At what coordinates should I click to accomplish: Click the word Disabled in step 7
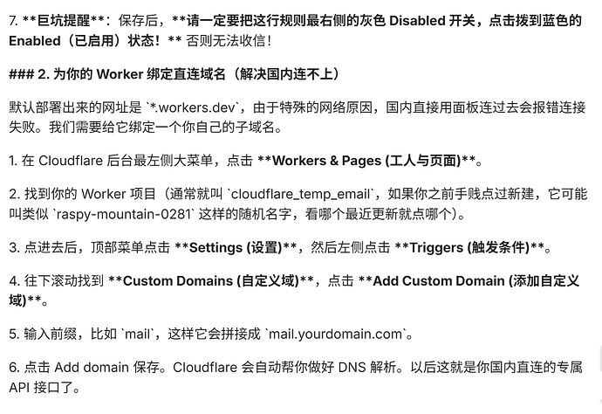[x=417, y=20]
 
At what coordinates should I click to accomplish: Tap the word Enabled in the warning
[x=35, y=41]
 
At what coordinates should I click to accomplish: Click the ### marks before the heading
[x=22, y=74]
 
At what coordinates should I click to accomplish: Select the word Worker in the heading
[x=120, y=74]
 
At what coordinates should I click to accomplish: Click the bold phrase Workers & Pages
[x=326, y=161]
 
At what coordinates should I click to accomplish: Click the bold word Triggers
[x=436, y=247]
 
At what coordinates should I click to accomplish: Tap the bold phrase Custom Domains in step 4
[x=178, y=281]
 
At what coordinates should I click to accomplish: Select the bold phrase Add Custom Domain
[x=439, y=281]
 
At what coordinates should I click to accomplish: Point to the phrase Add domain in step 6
[x=92, y=368]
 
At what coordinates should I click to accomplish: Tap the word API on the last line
[x=19, y=388]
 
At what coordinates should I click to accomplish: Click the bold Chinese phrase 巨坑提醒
[x=64, y=20]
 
